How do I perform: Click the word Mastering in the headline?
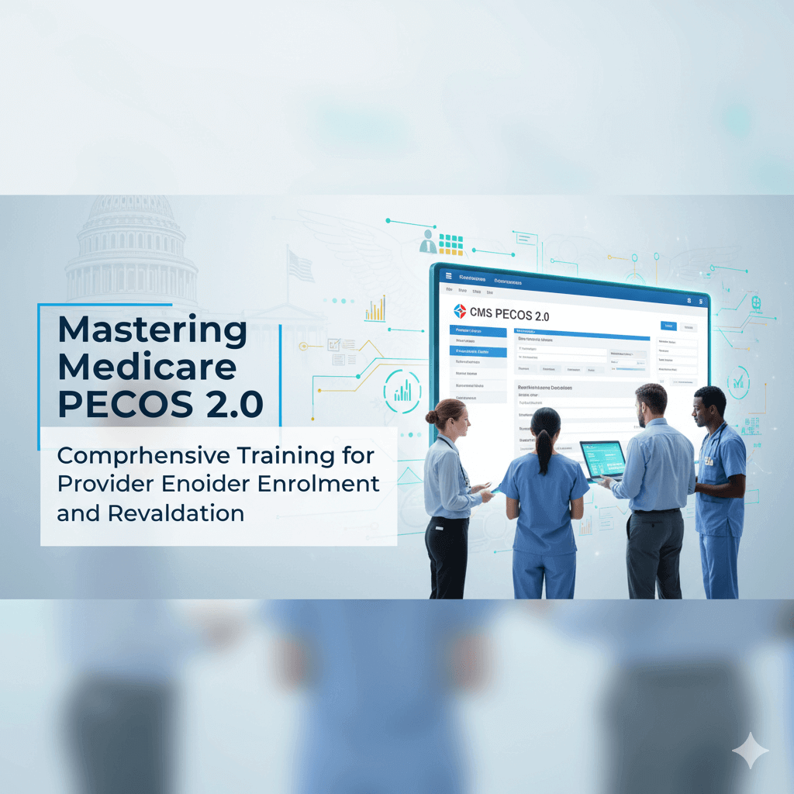152,330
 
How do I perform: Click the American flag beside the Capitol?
300,265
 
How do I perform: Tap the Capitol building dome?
131,225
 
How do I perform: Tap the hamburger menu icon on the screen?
445,275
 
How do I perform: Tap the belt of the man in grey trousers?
656,511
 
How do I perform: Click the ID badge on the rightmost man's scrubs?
707,461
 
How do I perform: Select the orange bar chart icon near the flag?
375,309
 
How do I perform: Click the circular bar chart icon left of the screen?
402,387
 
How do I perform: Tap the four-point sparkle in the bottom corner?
750,749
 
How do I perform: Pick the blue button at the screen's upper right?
667,326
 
